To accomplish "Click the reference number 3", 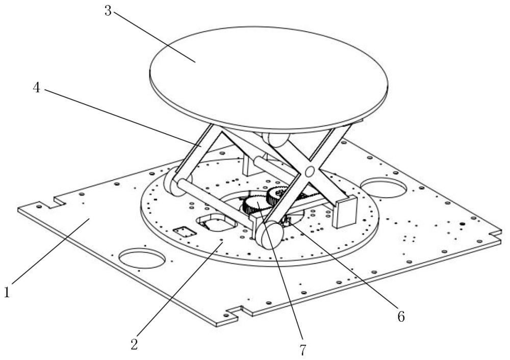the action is coord(108,11).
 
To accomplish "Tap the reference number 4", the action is coord(36,87).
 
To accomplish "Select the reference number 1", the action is coord(7,292).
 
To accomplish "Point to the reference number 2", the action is coord(134,344).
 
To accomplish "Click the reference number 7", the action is coord(302,350).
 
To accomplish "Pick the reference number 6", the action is coord(401,316).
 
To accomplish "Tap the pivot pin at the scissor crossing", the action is coord(310,171).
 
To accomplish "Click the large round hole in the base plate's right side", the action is coord(384,187).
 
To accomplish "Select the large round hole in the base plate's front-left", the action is coord(142,258).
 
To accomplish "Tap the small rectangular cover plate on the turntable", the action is coord(185,232).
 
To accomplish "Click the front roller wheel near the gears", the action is coord(269,234).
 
